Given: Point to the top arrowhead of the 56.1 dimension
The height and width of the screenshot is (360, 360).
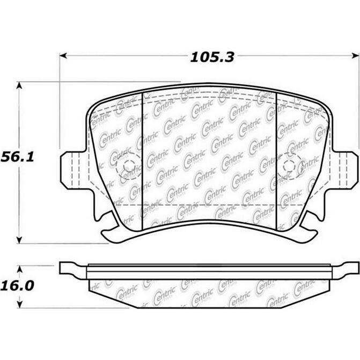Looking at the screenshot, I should [x=19, y=86].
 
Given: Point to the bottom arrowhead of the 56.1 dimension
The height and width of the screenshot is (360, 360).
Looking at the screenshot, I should [x=19, y=239].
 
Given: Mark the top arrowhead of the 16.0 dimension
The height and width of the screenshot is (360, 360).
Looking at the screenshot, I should [x=19, y=267].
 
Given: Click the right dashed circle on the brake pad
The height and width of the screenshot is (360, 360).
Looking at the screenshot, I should [x=290, y=165].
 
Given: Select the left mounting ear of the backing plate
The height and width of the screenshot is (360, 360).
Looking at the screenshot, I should [x=71, y=169].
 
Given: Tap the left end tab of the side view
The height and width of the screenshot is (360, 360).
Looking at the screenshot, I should [x=72, y=268].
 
